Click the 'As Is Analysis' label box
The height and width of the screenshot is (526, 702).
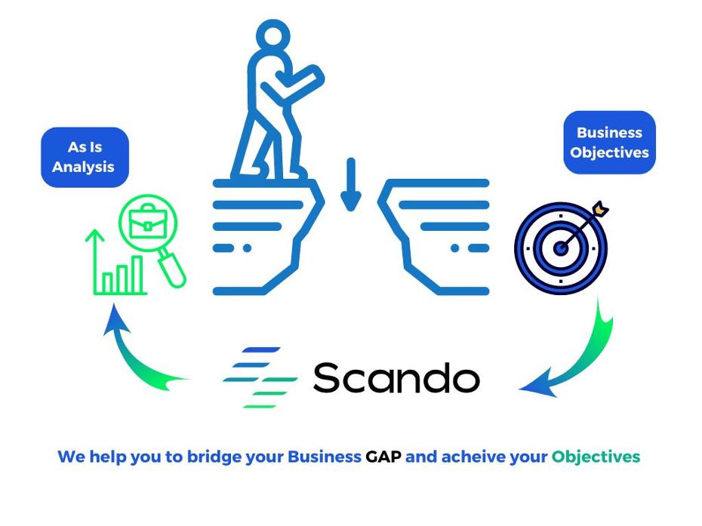85,157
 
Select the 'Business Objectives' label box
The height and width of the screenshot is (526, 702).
609,143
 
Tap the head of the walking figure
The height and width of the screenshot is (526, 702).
273,36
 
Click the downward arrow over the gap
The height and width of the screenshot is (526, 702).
351,184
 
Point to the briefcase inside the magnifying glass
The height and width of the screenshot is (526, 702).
148,222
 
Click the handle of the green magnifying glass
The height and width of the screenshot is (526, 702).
172,269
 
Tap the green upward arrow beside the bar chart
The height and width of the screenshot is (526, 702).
95,261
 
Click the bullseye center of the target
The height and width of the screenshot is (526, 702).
561,248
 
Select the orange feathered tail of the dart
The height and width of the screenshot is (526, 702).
600,209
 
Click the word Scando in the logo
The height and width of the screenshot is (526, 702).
396,378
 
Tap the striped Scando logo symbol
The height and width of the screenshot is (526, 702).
260,377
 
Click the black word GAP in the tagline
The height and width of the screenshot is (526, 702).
383,457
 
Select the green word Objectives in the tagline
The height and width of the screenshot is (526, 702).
596,457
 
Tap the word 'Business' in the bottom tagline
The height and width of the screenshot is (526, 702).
324,457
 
